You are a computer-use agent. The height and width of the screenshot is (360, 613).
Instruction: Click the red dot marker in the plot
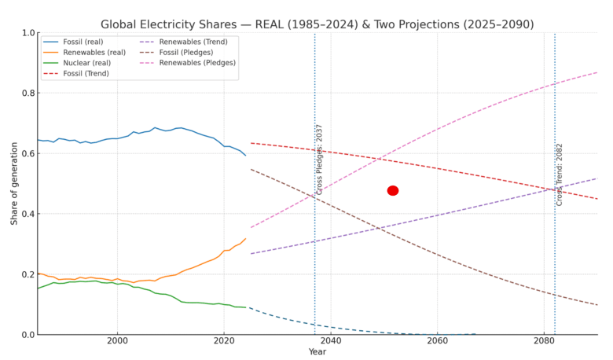tap(393, 190)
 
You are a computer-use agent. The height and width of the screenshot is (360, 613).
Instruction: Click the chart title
tap(317, 24)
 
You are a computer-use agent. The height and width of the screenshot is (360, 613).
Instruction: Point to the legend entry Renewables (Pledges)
tap(197, 63)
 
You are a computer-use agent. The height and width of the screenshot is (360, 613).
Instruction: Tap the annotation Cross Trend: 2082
tap(560, 174)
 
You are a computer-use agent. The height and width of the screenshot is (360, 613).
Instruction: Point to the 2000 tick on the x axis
tap(118, 342)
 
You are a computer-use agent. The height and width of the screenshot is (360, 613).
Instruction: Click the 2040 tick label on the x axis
tap(331, 342)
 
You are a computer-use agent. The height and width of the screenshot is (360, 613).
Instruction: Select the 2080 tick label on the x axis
tap(544, 342)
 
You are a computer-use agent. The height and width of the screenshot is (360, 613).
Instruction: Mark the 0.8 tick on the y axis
tap(28, 94)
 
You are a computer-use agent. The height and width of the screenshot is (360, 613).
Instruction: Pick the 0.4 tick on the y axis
tap(28, 214)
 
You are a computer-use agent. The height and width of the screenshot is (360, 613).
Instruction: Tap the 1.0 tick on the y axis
tap(28, 33)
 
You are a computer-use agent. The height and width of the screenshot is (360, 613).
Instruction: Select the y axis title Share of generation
tap(14, 183)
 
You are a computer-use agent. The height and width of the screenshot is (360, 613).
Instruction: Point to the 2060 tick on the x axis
tap(437, 342)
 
